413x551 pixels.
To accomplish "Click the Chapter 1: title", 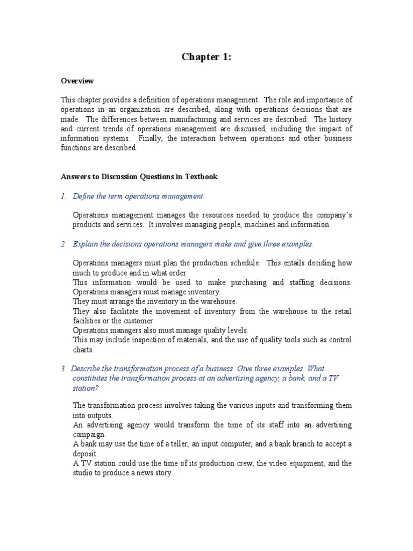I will tap(206, 57).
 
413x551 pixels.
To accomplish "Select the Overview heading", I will tap(77, 81).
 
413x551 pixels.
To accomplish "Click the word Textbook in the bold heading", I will tap(201, 176).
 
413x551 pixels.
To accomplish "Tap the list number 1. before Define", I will tap(63, 196).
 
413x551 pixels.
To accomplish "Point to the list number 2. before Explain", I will tap(63, 244).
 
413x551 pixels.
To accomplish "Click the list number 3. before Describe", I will tap(63, 369).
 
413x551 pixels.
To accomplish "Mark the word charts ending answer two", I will tap(83, 349).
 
